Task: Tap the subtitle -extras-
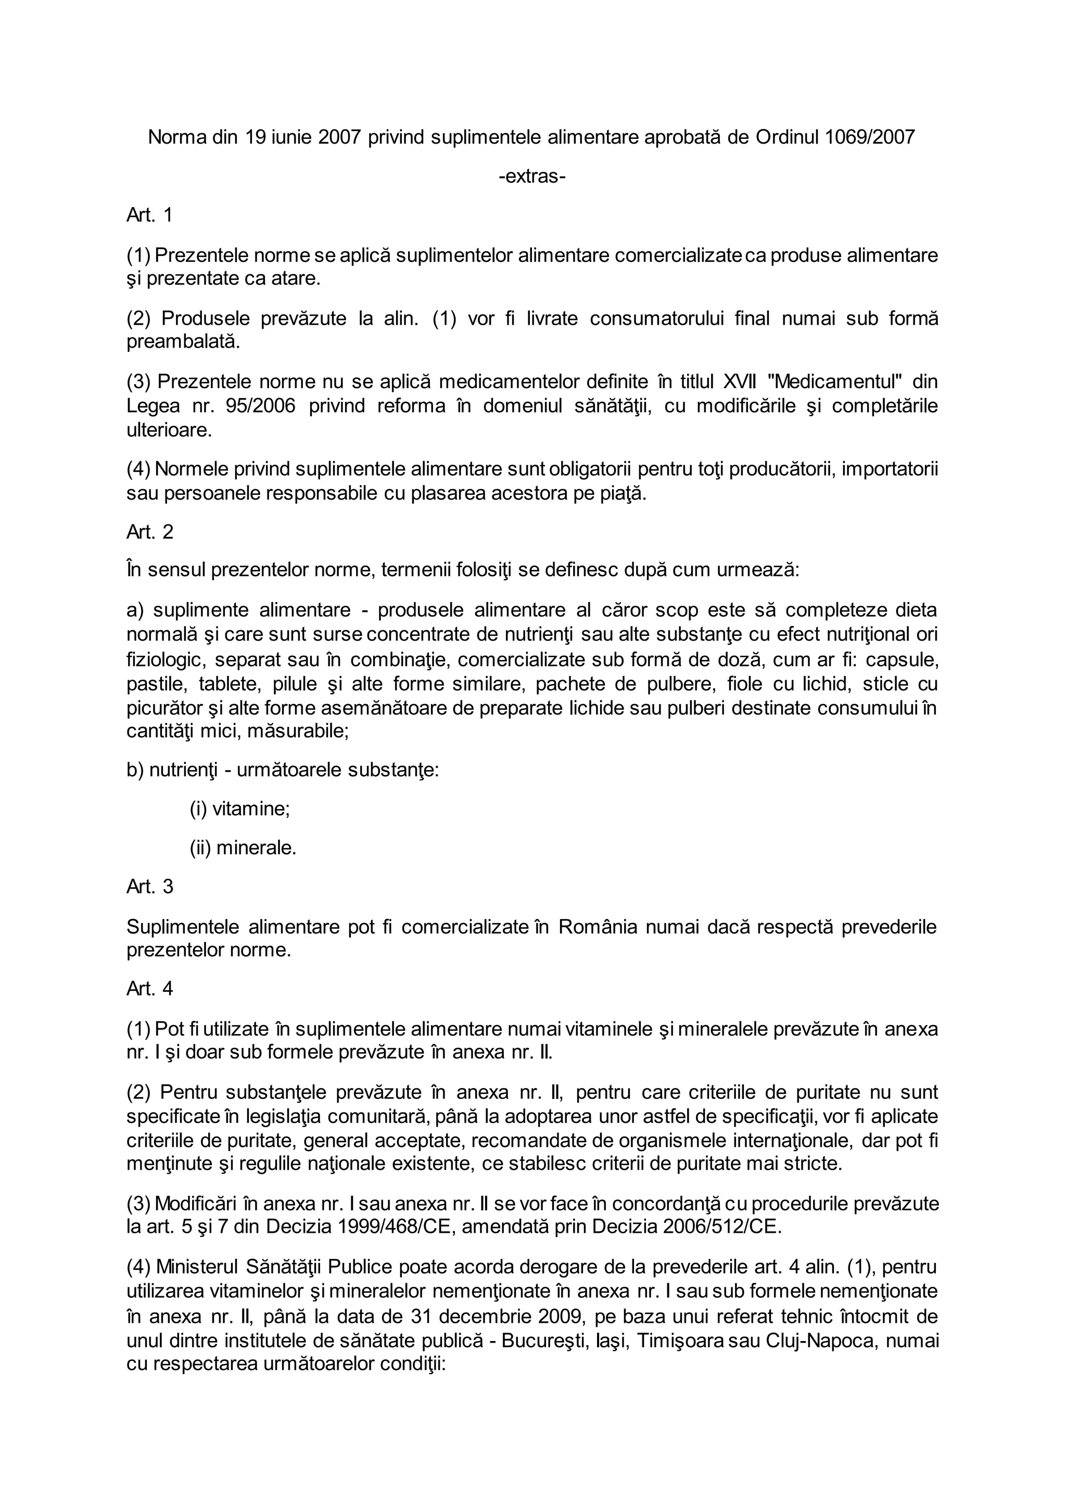click(532, 176)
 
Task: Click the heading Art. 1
click(150, 215)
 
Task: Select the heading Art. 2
click(150, 532)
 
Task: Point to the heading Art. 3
click(150, 887)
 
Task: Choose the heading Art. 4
click(150, 989)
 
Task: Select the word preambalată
click(183, 342)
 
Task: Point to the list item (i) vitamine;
click(239, 809)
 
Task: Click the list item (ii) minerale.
click(243, 848)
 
